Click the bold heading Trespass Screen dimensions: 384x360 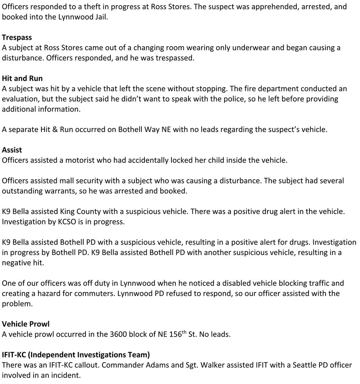(x=17, y=38)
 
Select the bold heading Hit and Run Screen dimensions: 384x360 (x=22, y=78)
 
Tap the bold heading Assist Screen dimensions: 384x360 (x=12, y=150)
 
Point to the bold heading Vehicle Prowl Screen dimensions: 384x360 (x=26, y=324)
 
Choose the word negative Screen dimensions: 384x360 (x=18, y=262)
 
